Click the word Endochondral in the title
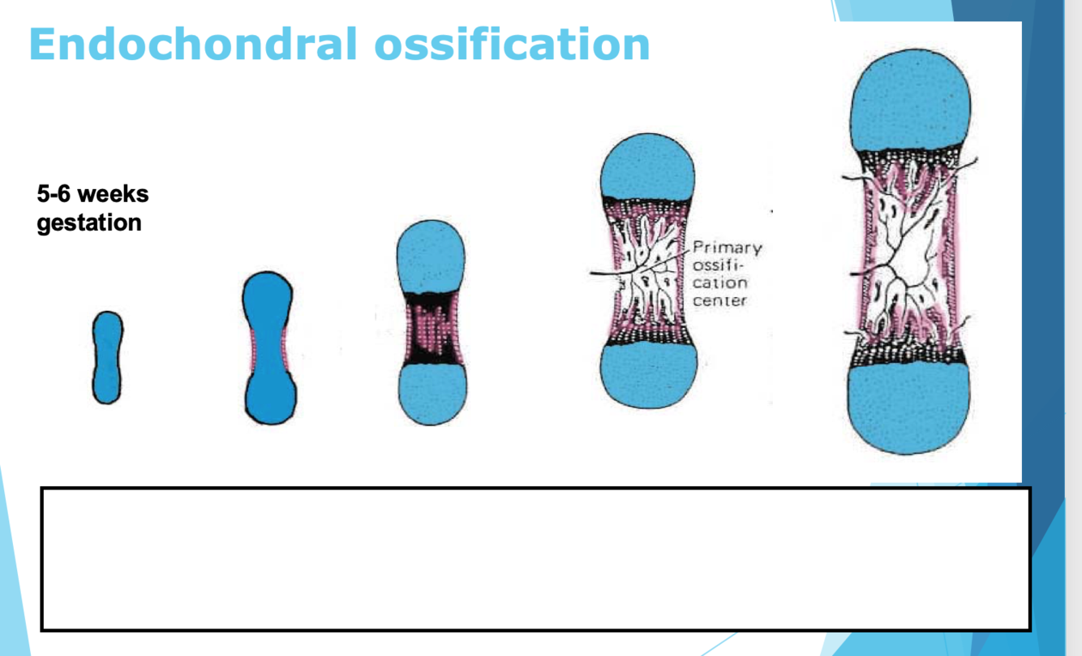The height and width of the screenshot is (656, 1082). pos(191,44)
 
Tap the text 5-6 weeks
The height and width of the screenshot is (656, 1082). pos(92,195)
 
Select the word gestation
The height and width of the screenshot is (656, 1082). pos(89,222)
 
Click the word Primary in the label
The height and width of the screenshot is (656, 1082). pos(727,248)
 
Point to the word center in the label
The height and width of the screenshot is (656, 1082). pos(719,301)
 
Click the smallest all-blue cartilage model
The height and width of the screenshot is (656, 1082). pos(107,357)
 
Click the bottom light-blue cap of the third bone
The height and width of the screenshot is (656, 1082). pos(432,394)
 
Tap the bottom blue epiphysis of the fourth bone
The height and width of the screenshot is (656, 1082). pos(647,373)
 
